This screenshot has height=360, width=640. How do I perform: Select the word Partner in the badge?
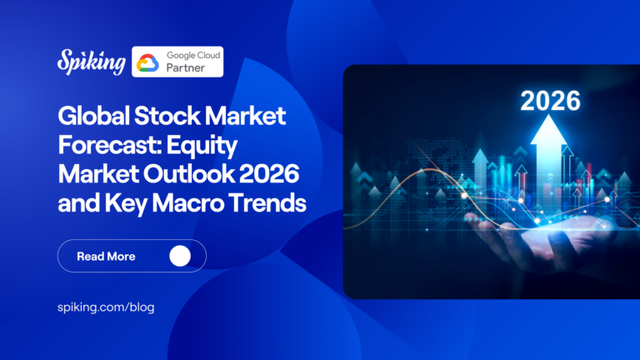click(182, 69)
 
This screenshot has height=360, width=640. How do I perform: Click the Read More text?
click(106, 256)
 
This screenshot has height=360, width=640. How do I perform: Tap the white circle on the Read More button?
click(180, 256)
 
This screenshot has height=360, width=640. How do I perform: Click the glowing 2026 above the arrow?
click(549, 102)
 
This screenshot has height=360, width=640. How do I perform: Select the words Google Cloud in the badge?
click(192, 55)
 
